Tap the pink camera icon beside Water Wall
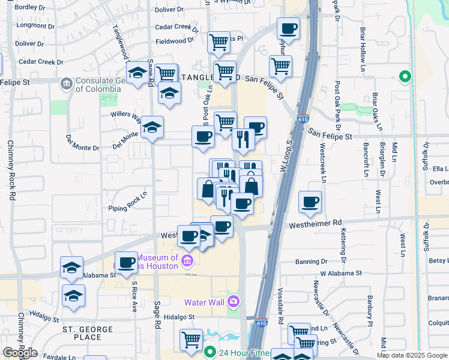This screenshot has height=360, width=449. [234, 300]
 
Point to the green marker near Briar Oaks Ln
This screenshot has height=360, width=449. [405, 76]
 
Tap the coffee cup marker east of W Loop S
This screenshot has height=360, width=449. [310, 203]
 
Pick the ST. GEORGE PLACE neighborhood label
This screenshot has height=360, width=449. [88, 333]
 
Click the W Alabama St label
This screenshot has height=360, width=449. [341, 273]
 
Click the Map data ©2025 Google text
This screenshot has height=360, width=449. [412, 355]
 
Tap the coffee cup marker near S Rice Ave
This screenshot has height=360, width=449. [126, 262]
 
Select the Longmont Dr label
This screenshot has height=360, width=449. [35, 25]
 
